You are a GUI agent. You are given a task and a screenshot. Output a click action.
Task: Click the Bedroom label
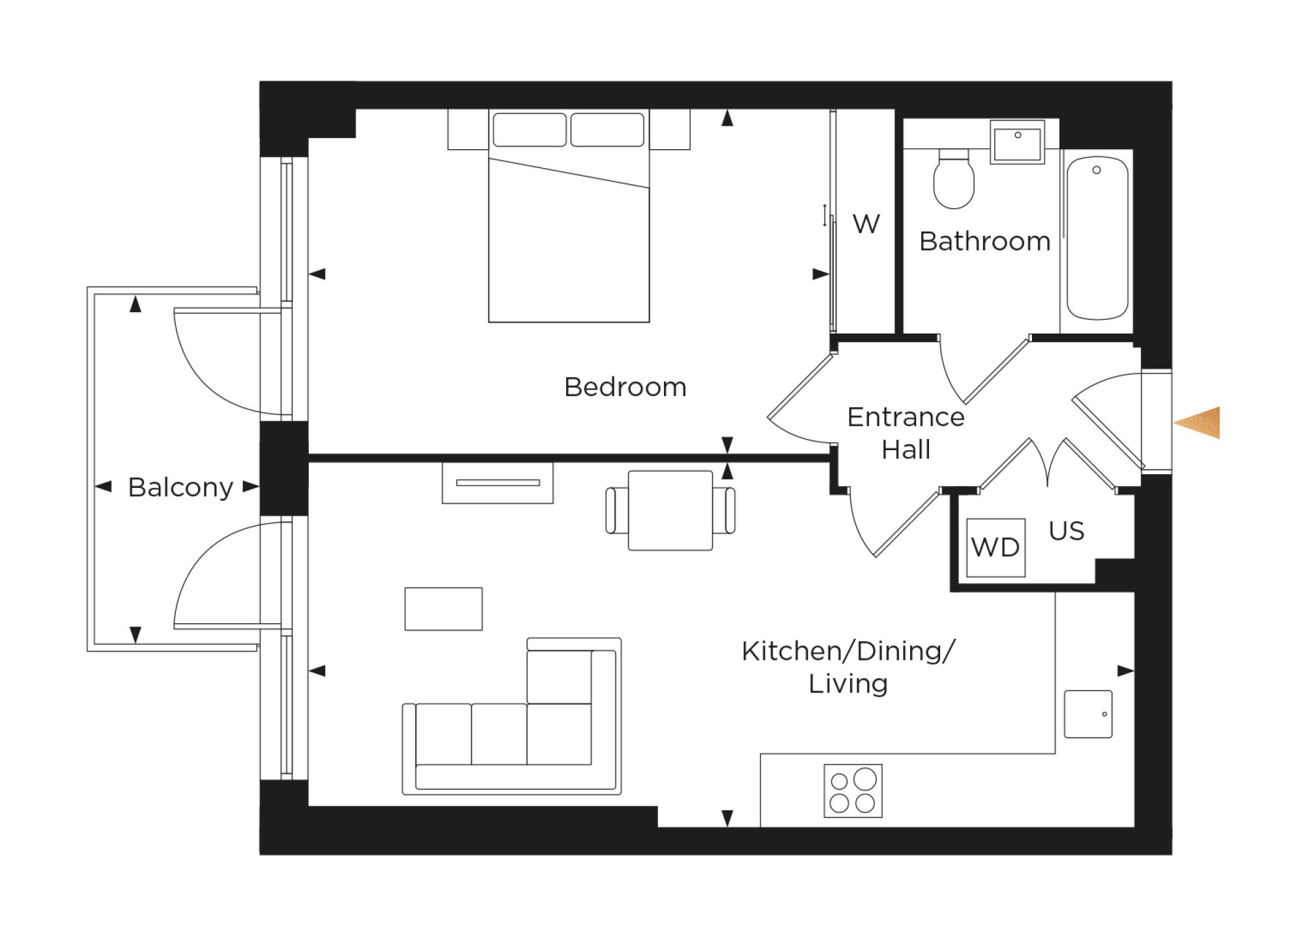pos(625,387)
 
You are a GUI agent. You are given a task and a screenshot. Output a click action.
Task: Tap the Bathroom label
pos(984,242)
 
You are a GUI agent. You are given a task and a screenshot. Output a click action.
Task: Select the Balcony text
pos(180,487)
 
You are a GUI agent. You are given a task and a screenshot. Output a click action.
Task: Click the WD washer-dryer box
pos(995,547)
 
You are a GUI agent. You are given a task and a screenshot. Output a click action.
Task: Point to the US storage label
pos(1067,531)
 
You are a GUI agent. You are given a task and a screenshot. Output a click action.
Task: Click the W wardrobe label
pos(866,224)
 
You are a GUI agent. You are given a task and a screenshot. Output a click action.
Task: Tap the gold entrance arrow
pos(1199,423)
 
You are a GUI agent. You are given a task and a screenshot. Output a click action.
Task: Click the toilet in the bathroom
pos(954,179)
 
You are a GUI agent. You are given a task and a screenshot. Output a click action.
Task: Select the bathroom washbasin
pos(1017,141)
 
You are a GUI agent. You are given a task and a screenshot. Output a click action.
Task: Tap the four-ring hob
pos(853,791)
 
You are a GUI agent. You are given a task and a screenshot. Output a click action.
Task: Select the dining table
pos(670,511)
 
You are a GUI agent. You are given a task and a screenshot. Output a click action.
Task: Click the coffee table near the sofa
pos(443,609)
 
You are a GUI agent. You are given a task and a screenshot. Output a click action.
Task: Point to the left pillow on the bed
pos(529,130)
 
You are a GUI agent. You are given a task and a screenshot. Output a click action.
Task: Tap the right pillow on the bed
pos(607,130)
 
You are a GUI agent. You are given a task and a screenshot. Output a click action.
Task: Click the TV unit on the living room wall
pos(498,483)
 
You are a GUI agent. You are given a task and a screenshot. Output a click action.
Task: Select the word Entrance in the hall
pos(906,417)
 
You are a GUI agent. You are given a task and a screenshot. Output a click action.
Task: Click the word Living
pos(848,684)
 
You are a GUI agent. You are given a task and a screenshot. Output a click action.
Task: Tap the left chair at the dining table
pos(612,511)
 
